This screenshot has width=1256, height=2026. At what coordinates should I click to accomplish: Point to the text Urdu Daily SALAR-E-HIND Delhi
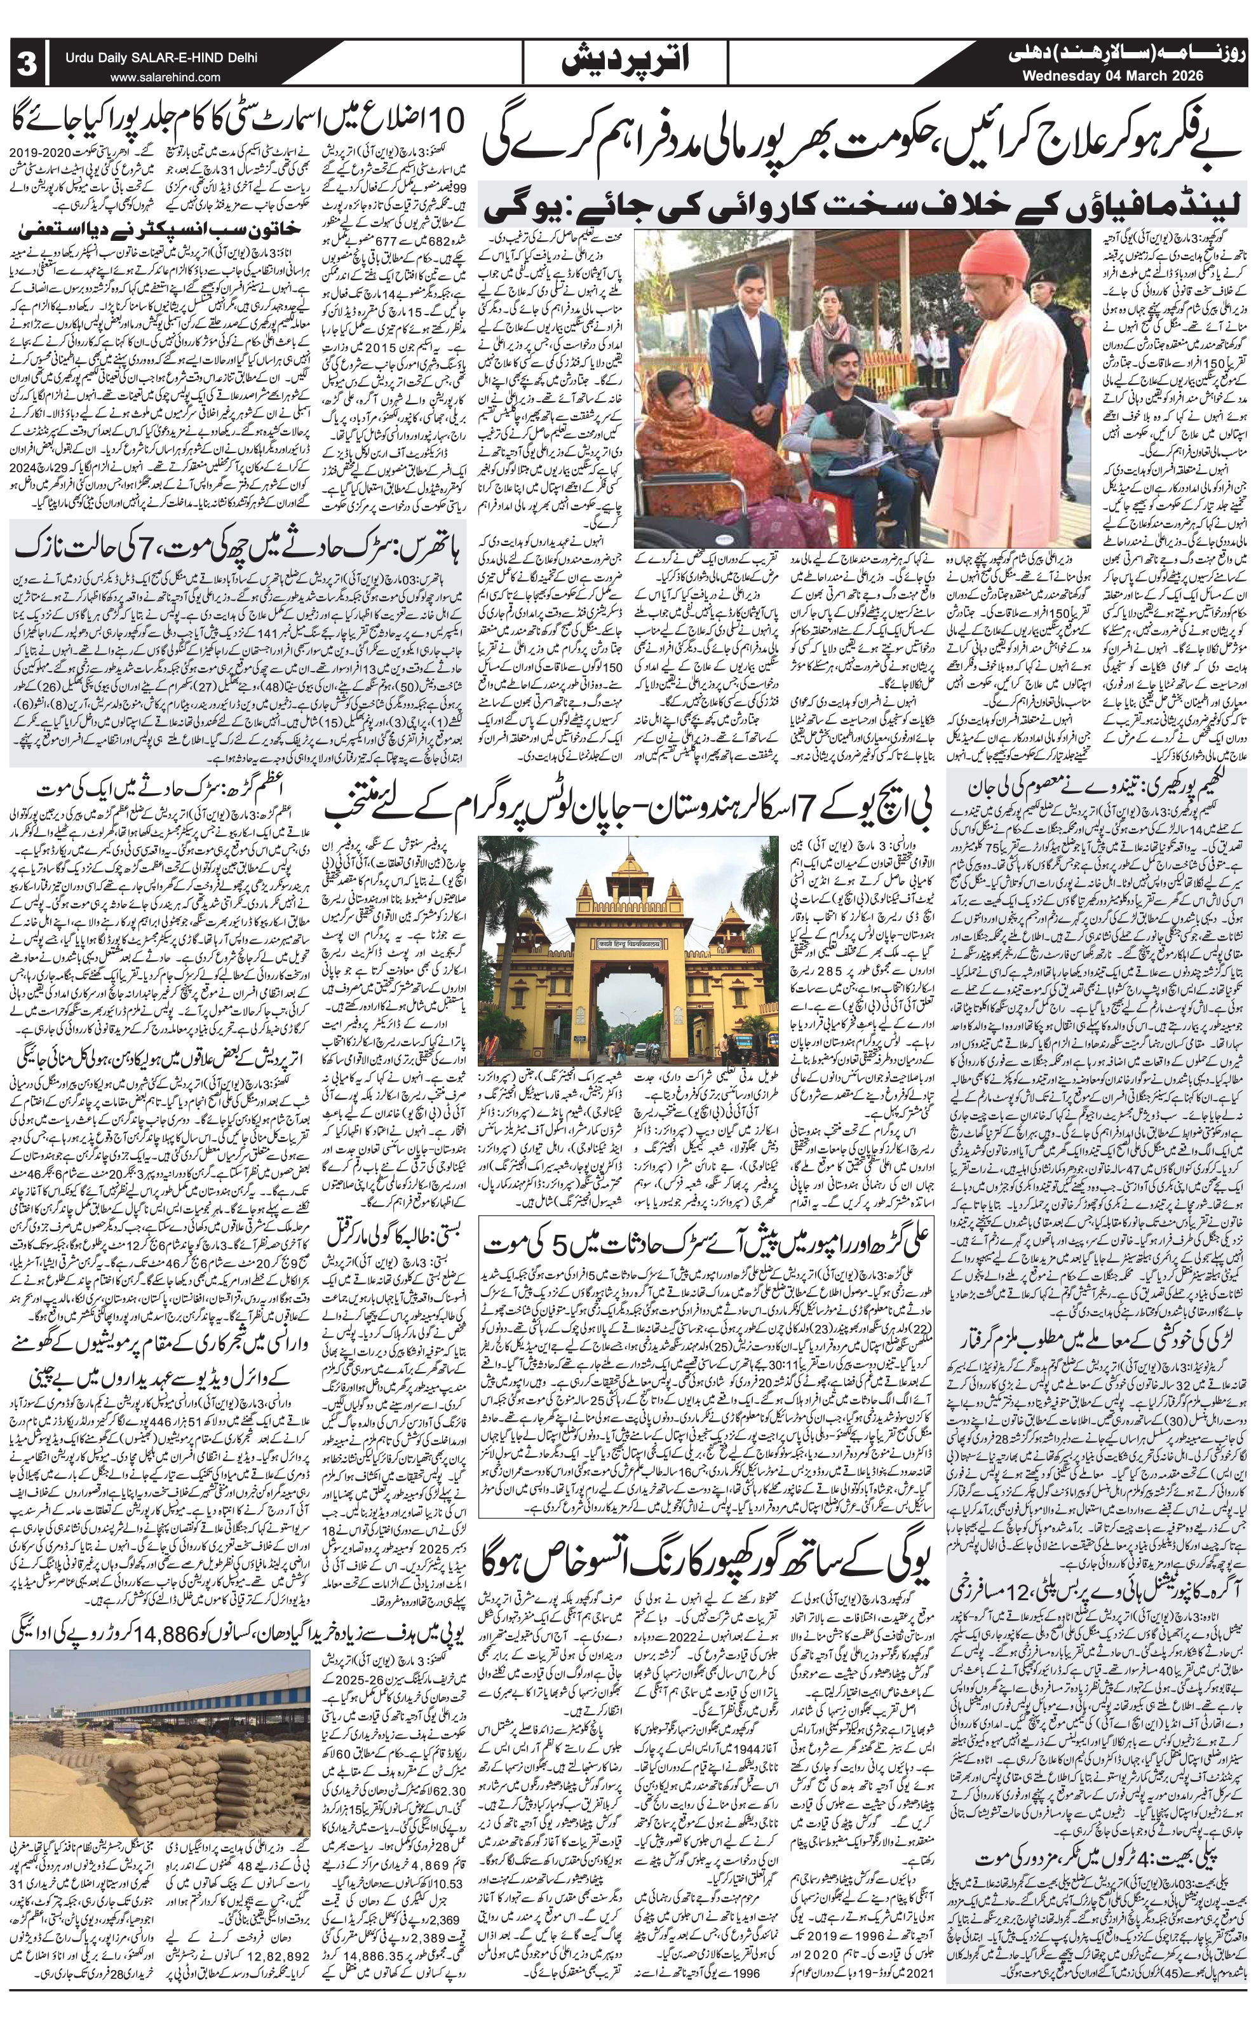[163, 58]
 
